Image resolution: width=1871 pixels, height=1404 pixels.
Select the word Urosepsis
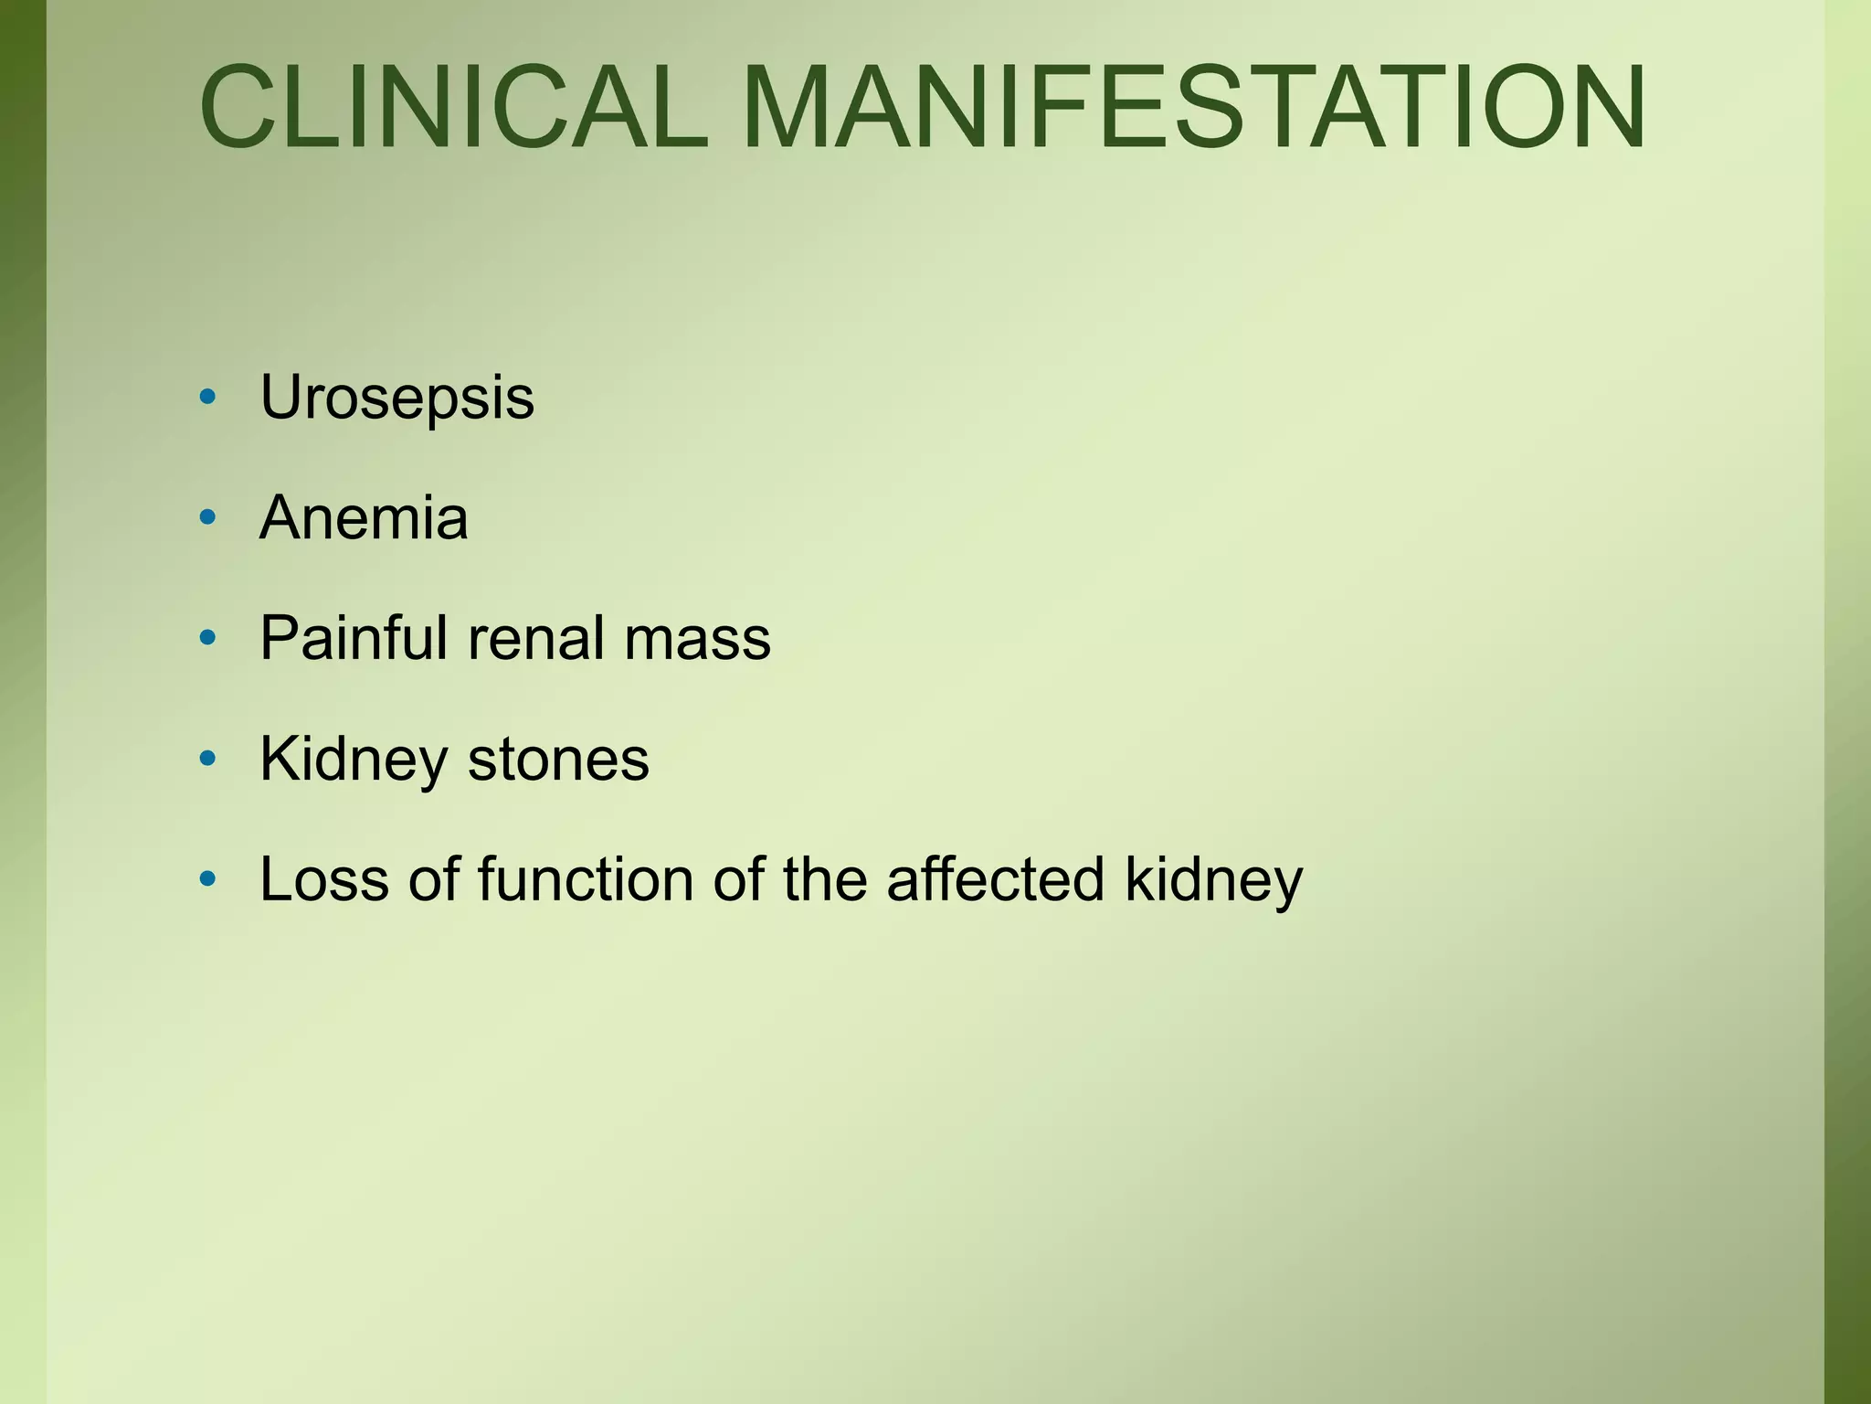(x=396, y=399)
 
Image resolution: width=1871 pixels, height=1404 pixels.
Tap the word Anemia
(x=364, y=518)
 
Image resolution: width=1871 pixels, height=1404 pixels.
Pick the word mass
(x=697, y=638)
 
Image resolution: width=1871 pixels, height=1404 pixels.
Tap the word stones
(x=558, y=760)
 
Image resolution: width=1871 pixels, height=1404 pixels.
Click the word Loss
(x=324, y=879)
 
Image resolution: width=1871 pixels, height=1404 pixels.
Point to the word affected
(x=995, y=879)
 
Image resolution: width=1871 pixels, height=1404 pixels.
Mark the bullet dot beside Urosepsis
(x=208, y=397)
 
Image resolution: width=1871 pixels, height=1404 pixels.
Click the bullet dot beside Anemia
(x=208, y=517)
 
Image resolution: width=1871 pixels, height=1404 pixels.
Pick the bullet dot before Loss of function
(x=208, y=878)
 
